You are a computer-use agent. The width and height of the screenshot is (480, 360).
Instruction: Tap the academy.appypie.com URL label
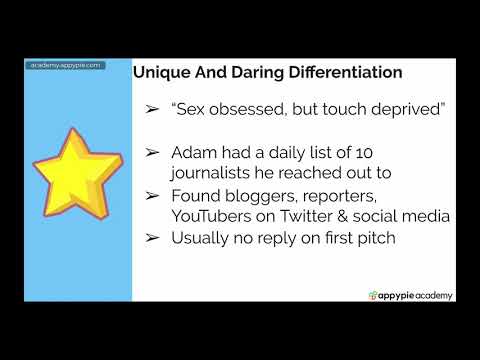pyautogui.click(x=64, y=65)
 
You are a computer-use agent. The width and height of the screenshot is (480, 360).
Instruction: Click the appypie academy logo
pyautogui.click(x=411, y=294)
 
